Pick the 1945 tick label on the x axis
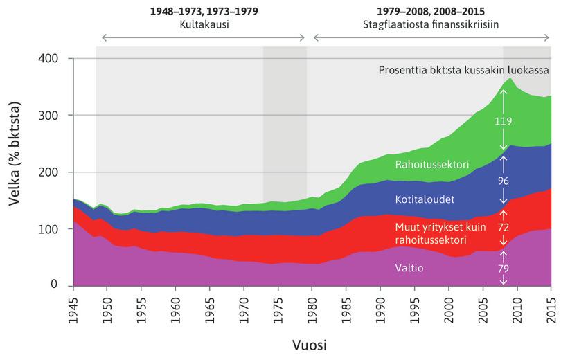[x=73, y=305]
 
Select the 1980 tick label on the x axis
[x=312, y=305]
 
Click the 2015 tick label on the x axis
[x=551, y=305]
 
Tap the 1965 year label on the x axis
[x=210, y=305]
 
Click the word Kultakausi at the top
[x=203, y=24]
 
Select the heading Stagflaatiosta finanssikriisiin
[x=432, y=24]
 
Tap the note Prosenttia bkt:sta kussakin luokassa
[x=463, y=71]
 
